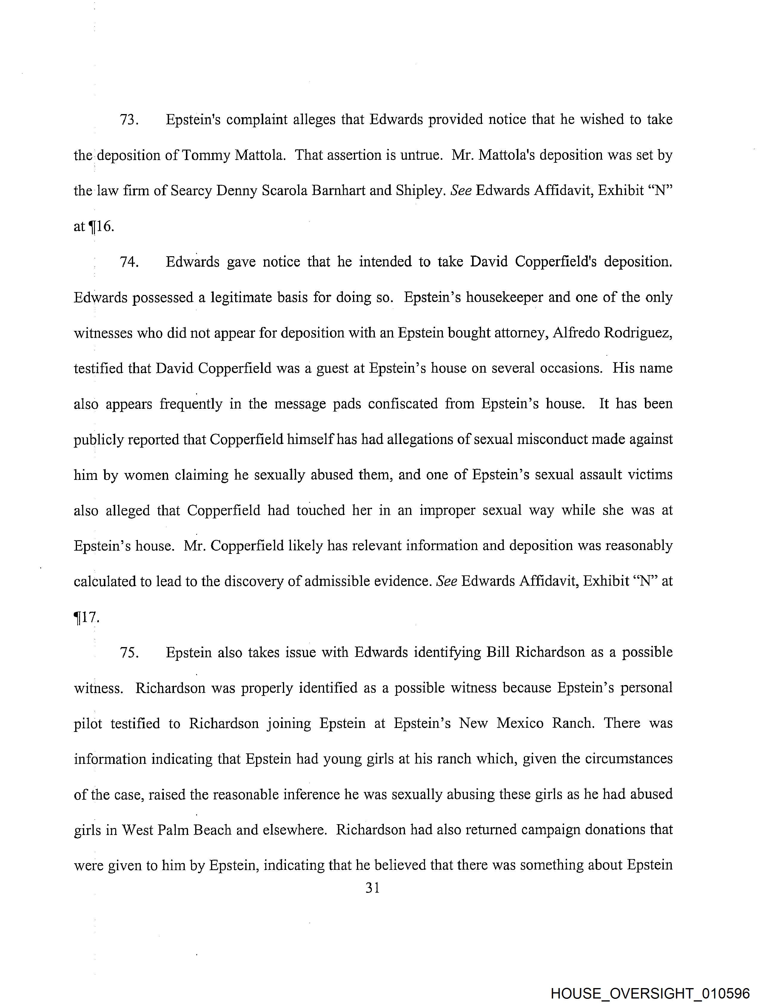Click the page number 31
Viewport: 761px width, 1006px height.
click(372, 888)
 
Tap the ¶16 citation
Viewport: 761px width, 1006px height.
click(101, 226)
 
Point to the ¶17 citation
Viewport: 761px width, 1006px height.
click(86, 618)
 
